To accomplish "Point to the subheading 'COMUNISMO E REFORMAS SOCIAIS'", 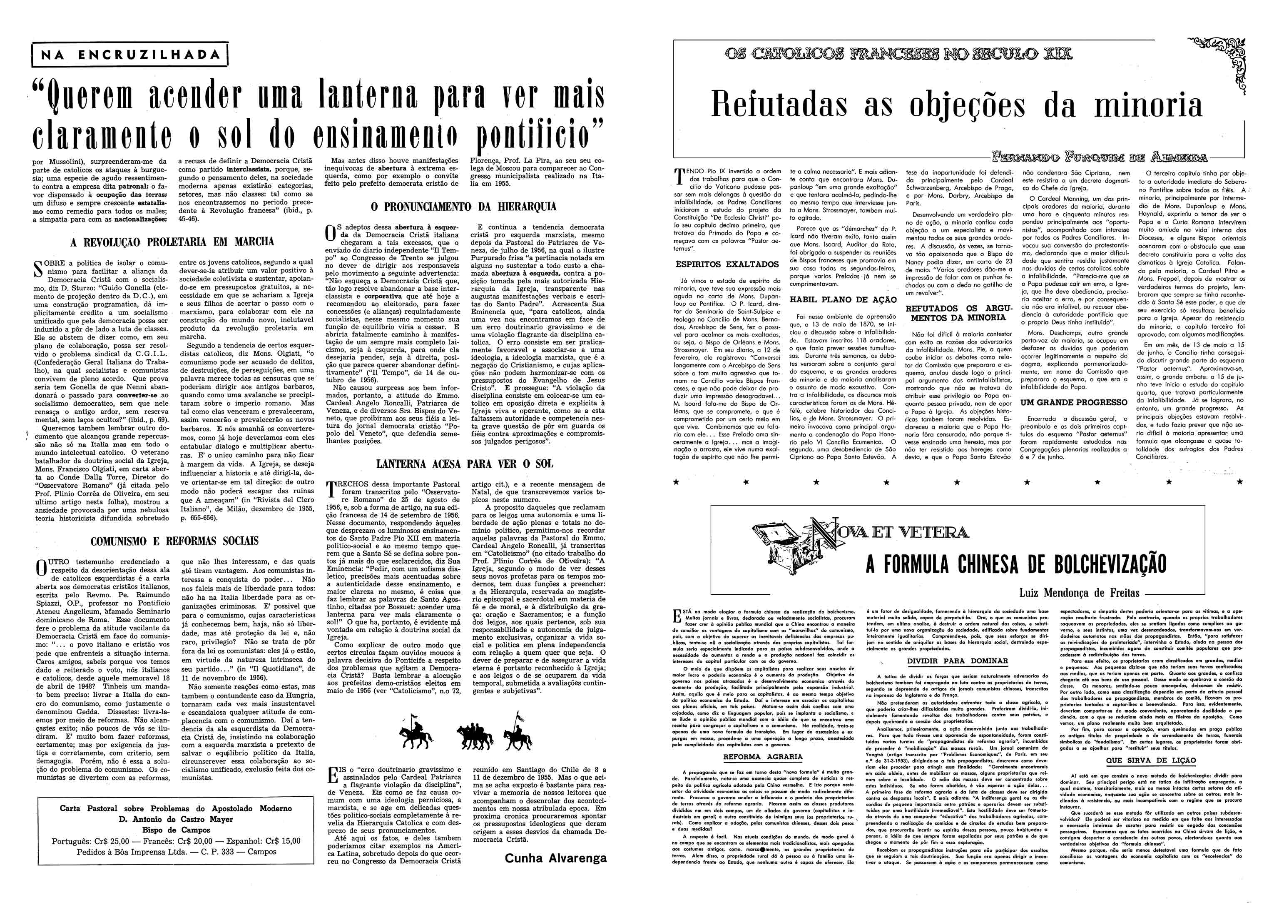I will [174, 541].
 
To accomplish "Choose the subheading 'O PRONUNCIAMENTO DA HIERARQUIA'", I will [463, 207].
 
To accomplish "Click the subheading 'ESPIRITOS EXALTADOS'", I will [727, 264].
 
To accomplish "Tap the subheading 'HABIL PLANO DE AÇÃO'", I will [843, 299].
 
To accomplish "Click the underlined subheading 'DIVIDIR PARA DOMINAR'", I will [957, 661].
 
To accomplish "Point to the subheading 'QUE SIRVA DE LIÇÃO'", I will [1151, 760].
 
